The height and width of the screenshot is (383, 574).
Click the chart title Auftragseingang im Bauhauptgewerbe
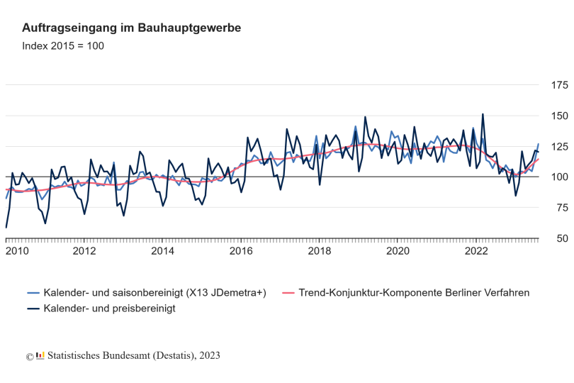(132, 28)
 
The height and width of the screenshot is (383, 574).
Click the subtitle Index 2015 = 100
(63, 46)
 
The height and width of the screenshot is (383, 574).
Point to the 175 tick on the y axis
(559, 85)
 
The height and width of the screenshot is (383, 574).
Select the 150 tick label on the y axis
(559, 116)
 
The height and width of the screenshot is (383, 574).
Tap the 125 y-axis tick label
(559, 147)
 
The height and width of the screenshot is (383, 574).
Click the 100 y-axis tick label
(559, 177)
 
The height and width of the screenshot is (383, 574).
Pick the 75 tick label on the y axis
(562, 208)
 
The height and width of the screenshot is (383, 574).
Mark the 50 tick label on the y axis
(562, 239)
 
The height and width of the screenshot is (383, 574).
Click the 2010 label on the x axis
(18, 251)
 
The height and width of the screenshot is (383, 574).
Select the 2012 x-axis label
(84, 251)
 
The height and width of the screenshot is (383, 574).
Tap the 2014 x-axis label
(163, 251)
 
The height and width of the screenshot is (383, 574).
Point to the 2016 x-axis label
(242, 251)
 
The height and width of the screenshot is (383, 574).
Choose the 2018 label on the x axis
(320, 251)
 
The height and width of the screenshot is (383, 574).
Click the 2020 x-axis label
(398, 251)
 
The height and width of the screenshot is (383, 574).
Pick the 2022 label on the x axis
(477, 251)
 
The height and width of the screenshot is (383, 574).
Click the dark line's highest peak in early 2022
(483, 114)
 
